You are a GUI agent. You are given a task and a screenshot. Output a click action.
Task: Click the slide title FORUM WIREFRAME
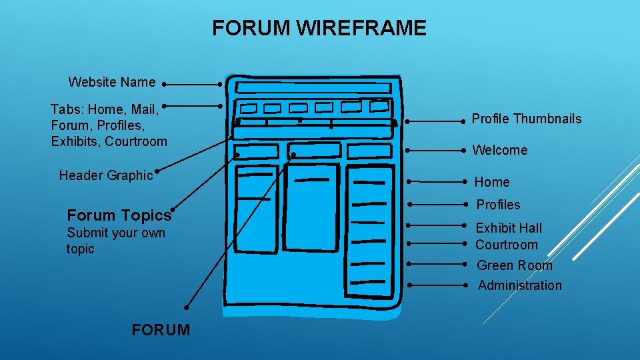tap(319, 28)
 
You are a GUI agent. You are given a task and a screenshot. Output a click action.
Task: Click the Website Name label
tap(112, 83)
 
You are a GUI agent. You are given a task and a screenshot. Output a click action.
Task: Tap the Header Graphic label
tap(106, 175)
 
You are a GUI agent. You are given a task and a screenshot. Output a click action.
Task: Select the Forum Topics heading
tap(119, 215)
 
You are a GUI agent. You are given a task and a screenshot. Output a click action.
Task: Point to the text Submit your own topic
tap(115, 241)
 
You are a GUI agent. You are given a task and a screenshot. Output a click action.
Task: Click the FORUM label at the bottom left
tap(161, 330)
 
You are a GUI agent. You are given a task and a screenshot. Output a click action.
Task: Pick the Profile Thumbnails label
tap(526, 119)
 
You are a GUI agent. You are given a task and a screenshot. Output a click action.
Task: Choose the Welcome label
tap(499, 151)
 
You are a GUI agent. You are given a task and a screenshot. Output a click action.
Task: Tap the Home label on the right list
tap(491, 182)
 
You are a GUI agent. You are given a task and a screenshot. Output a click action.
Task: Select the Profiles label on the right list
tap(498, 205)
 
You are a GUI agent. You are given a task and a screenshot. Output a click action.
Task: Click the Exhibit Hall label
tap(509, 228)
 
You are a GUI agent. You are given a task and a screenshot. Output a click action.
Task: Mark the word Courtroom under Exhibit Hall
tap(506, 245)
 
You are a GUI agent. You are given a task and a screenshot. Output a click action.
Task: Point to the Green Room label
tap(514, 265)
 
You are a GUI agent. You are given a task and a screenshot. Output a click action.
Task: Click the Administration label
tap(519, 285)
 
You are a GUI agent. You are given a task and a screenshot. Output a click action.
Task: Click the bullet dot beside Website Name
tap(163, 85)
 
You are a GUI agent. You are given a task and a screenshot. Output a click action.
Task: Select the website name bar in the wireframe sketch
tap(313, 88)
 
